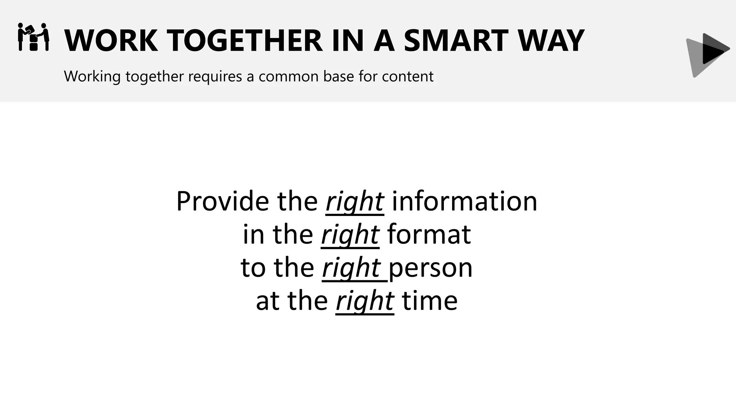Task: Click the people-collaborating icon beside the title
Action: [x=33, y=37]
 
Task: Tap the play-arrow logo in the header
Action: [x=707, y=55]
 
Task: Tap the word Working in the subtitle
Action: [x=92, y=77]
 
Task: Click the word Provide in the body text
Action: [x=222, y=201]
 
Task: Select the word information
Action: [x=464, y=201]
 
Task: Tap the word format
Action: [x=429, y=234]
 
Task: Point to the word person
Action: [x=431, y=268]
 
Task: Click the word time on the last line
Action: [x=429, y=301]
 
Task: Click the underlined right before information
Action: [x=355, y=202]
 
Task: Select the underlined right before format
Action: [x=350, y=235]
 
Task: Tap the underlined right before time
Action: [x=365, y=302]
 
